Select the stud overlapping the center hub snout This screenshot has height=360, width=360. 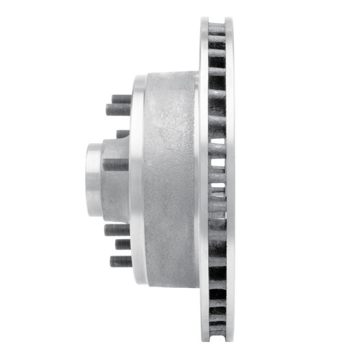coord(115,164)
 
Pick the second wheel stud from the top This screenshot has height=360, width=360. coord(118,109)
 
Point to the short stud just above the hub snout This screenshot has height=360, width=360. coord(123,134)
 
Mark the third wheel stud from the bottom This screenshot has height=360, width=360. coord(116,230)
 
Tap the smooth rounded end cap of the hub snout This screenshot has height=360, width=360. coord(91,179)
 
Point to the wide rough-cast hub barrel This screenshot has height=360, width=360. coord(169,180)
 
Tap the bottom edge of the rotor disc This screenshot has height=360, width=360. coord(217,339)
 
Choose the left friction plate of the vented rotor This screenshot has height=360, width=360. coord(203,180)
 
